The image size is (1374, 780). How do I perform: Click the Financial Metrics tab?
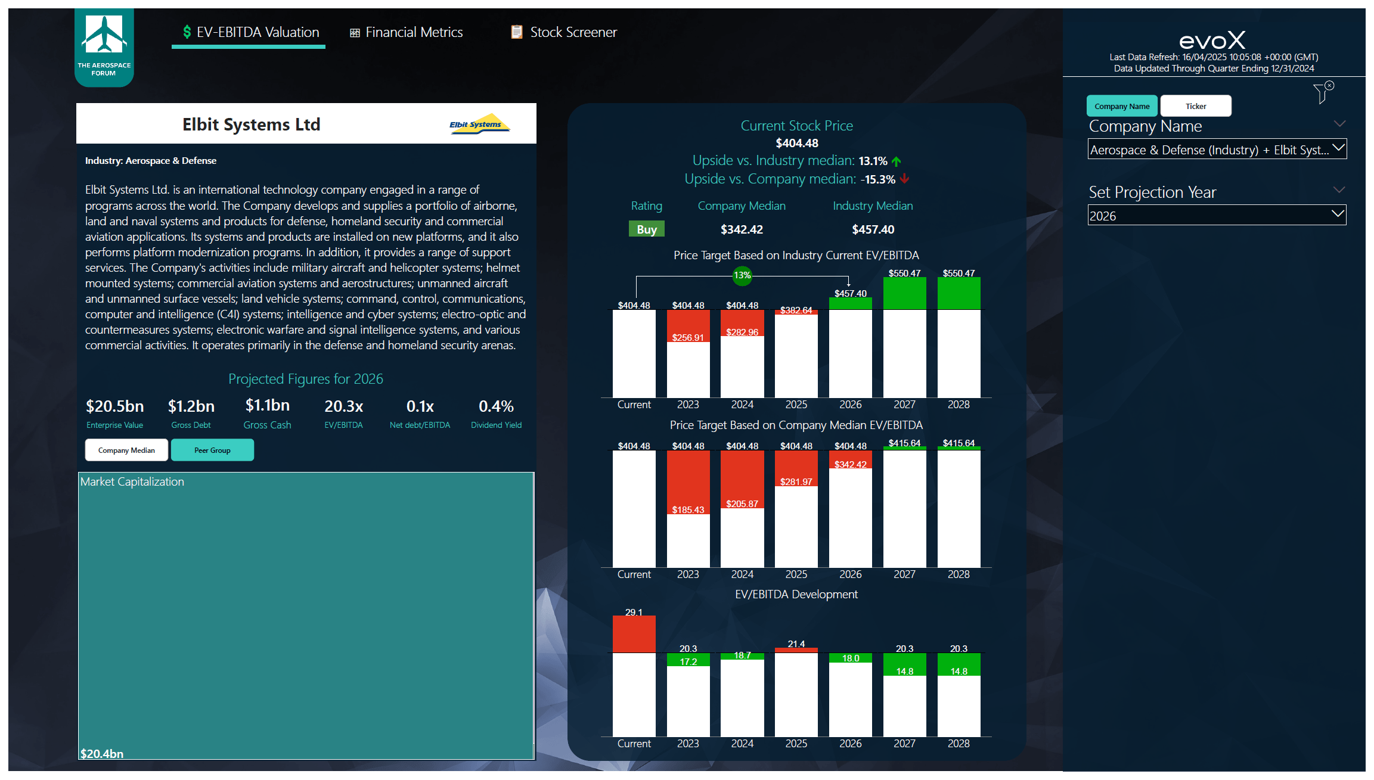(407, 32)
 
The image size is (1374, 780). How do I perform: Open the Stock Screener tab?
(564, 32)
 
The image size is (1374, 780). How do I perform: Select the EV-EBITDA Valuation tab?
(250, 32)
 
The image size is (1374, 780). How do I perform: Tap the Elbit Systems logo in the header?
(479, 124)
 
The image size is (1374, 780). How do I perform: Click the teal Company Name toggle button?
(1121, 106)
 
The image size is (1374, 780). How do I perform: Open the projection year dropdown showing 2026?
(1216, 216)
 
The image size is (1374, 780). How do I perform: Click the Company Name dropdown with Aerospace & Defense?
(1216, 150)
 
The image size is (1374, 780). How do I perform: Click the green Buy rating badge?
(646, 229)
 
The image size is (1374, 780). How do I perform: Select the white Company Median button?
(126, 450)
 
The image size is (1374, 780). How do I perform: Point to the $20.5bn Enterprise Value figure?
(114, 406)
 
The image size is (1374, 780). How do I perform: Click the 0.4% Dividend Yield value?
(496, 406)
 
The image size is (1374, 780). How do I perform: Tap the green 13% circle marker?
(742, 275)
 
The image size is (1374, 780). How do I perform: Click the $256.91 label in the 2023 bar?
(688, 338)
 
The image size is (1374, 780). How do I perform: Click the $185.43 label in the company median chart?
(688, 510)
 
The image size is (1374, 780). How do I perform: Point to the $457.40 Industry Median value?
(873, 229)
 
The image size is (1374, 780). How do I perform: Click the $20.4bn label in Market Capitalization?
(102, 753)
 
